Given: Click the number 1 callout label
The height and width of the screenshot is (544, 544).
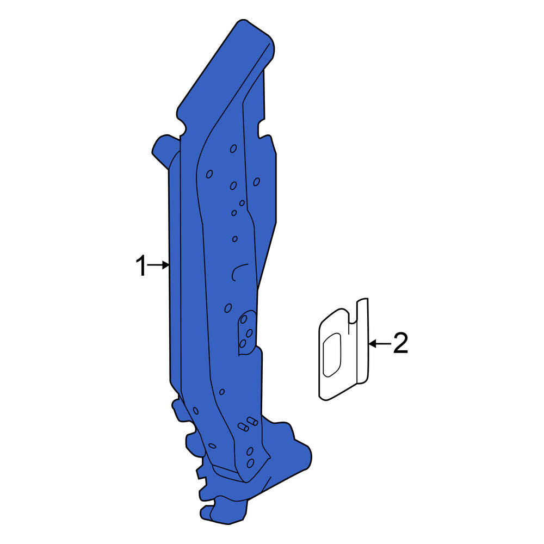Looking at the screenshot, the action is pyautogui.click(x=141, y=266).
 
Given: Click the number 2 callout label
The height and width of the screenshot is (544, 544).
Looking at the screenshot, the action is pyautogui.click(x=400, y=343).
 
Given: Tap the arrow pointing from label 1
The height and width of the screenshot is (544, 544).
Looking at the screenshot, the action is pyautogui.click(x=158, y=265).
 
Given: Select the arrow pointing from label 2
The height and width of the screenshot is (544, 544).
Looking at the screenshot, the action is pyautogui.click(x=380, y=344).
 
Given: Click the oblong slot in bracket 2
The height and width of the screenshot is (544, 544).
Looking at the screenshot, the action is pyautogui.click(x=332, y=355).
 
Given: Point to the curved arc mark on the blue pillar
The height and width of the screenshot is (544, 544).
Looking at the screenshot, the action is pyautogui.click(x=238, y=271).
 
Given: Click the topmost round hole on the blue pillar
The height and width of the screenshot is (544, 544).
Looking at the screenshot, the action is pyautogui.click(x=233, y=149).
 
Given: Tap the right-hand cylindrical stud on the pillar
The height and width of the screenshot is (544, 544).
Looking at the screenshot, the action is pyautogui.click(x=252, y=421).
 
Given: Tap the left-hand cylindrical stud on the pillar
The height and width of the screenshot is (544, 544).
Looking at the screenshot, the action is pyautogui.click(x=243, y=426).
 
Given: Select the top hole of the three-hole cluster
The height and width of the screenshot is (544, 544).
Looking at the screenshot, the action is pyautogui.click(x=244, y=319).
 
